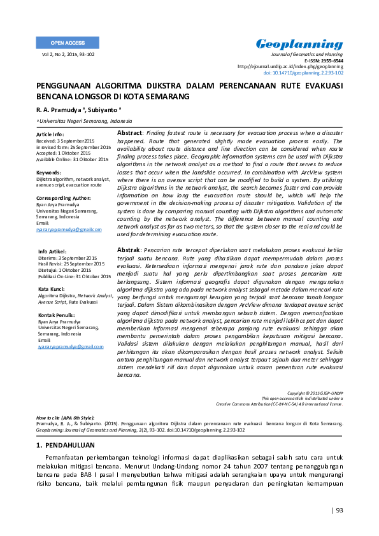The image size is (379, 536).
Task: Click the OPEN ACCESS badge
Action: (x=67, y=43)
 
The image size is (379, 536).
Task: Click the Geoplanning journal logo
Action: (x=299, y=44)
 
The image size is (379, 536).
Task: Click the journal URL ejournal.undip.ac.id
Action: (x=290, y=66)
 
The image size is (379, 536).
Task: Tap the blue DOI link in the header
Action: (x=308, y=73)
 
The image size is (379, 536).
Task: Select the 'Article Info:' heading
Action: (x=50, y=134)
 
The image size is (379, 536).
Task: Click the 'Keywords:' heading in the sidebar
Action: (x=49, y=173)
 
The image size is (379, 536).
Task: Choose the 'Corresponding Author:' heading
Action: (x=64, y=199)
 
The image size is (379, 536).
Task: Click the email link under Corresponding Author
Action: (x=69, y=229)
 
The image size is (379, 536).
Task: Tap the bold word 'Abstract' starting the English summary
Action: (x=129, y=132)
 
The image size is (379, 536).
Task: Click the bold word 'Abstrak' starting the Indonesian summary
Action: (x=129, y=250)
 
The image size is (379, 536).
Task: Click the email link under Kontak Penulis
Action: (x=70, y=346)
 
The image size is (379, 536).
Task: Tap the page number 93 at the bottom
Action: (x=338, y=510)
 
